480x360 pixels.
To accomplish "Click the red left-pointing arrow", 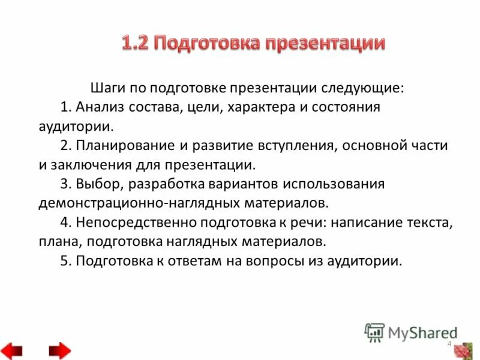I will [12, 350].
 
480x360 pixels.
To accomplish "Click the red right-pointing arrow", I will [59, 350].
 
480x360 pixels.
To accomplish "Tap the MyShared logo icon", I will [374, 332].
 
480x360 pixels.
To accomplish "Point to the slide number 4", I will [449, 343].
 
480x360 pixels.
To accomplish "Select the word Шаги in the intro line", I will [106, 88].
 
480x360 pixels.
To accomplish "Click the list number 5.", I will [65, 261].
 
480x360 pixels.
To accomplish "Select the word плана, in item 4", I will [58, 242].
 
